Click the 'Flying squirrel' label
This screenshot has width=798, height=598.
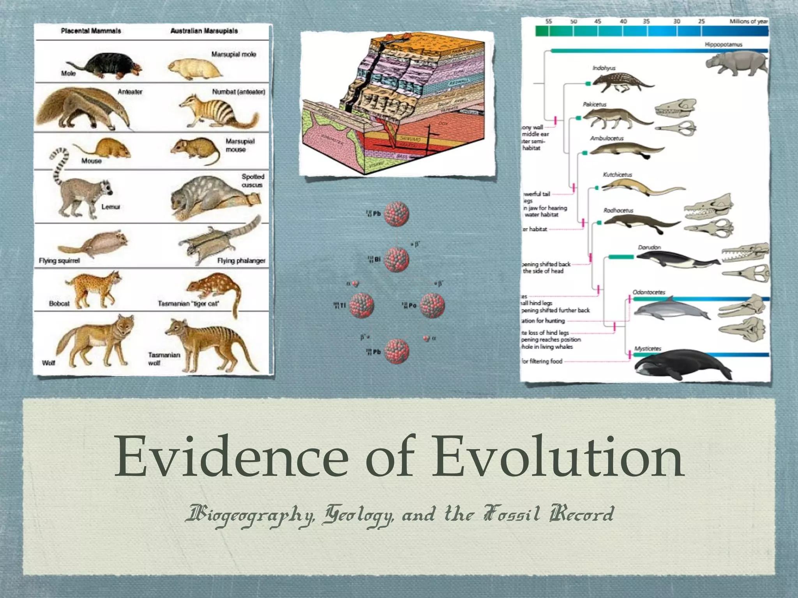tap(59, 260)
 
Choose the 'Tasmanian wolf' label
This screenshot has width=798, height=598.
tap(164, 359)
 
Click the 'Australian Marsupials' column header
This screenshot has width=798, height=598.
tap(204, 31)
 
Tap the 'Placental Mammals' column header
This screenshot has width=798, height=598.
tap(91, 31)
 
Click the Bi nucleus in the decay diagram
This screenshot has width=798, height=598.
tap(397, 259)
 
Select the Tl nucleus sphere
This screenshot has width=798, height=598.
tap(362, 305)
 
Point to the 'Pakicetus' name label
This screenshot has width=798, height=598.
tap(595, 104)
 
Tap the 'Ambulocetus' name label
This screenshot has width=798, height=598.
tap(607, 138)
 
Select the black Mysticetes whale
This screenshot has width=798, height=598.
tap(682, 364)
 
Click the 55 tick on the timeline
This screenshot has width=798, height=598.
tap(549, 21)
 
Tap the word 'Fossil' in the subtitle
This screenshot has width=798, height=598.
tap(512, 514)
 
